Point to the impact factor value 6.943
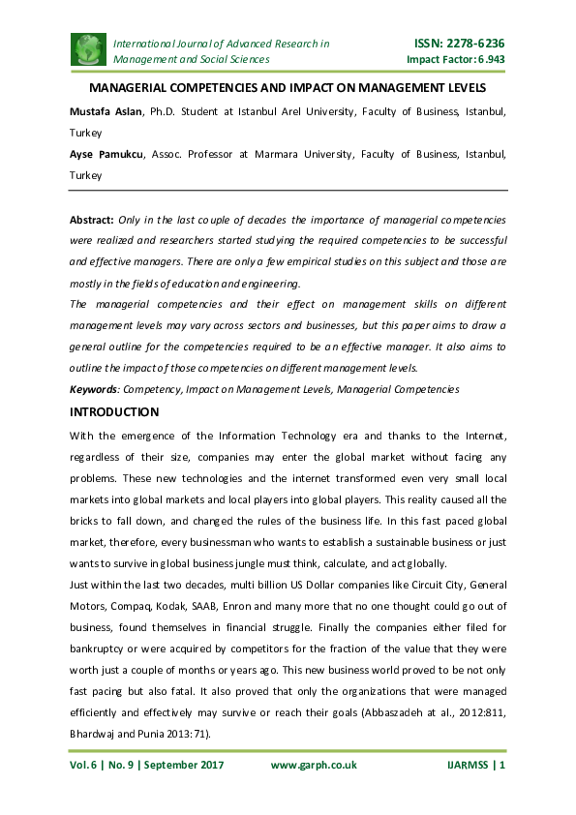click(489, 59)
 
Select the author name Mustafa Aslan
click(106, 112)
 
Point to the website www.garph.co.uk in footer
click(313, 765)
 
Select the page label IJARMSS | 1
click(476, 765)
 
